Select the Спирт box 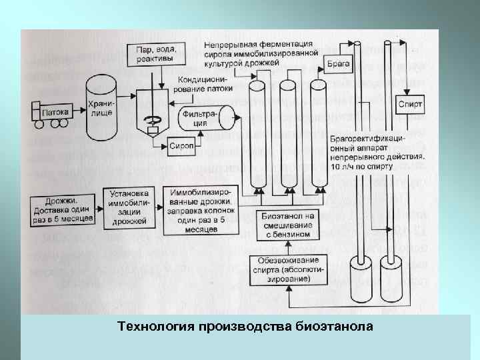pos(409,104)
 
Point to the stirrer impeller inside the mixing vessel pos(154,121)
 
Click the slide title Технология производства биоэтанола pos(245,327)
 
